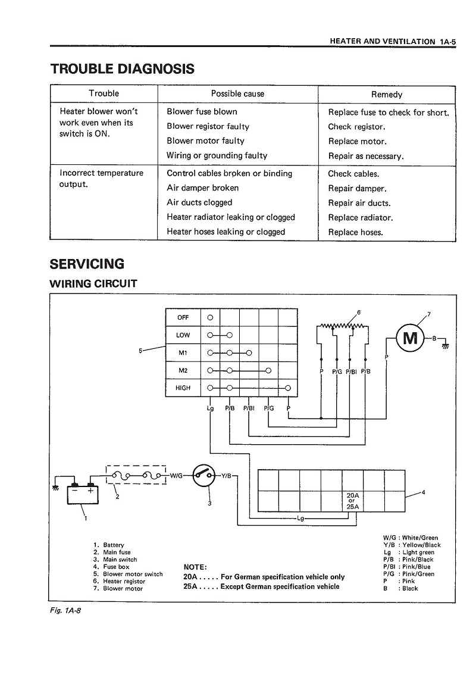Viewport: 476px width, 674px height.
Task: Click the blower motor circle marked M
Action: (x=410, y=338)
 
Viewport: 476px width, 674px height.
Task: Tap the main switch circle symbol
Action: (x=203, y=475)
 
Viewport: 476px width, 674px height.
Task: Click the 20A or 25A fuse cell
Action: (x=352, y=501)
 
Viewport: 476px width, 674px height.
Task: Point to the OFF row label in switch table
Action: (x=183, y=318)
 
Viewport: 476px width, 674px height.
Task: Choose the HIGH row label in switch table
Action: (x=183, y=388)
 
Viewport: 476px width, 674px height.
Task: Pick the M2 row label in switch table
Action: (x=183, y=370)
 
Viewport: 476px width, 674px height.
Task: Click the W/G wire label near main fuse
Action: (x=176, y=475)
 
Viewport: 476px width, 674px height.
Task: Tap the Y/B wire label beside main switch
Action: (x=226, y=475)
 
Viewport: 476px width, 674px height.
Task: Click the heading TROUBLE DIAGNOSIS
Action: (x=123, y=69)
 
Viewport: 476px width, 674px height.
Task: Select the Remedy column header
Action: (x=387, y=95)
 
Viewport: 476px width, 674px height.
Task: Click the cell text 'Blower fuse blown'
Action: (x=202, y=112)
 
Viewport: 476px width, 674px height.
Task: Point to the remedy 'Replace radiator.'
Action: (x=361, y=217)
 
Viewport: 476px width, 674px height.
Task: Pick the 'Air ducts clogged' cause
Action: (x=199, y=202)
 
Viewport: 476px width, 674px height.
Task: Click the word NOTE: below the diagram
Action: (x=195, y=567)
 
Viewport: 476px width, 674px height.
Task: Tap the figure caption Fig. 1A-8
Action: (x=65, y=610)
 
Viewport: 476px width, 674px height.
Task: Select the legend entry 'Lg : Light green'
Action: (x=409, y=553)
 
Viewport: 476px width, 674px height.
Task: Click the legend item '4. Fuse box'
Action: (x=111, y=567)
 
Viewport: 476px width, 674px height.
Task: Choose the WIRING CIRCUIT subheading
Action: (x=93, y=283)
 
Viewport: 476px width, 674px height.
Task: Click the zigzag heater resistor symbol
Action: (x=342, y=327)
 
